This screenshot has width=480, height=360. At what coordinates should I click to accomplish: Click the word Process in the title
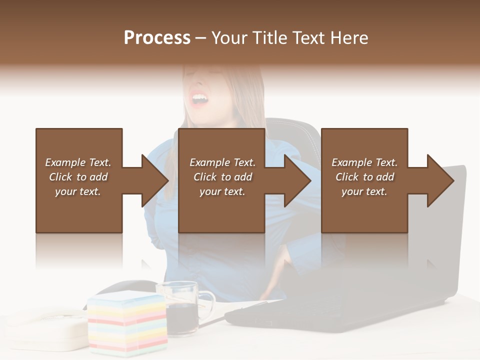(x=157, y=38)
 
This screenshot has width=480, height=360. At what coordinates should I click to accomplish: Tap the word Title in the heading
(x=269, y=38)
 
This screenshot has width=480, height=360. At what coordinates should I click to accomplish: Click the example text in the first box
(x=78, y=177)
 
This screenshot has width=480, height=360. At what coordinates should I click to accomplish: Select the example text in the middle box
(x=222, y=177)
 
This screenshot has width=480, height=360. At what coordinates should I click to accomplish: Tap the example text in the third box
(x=364, y=177)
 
